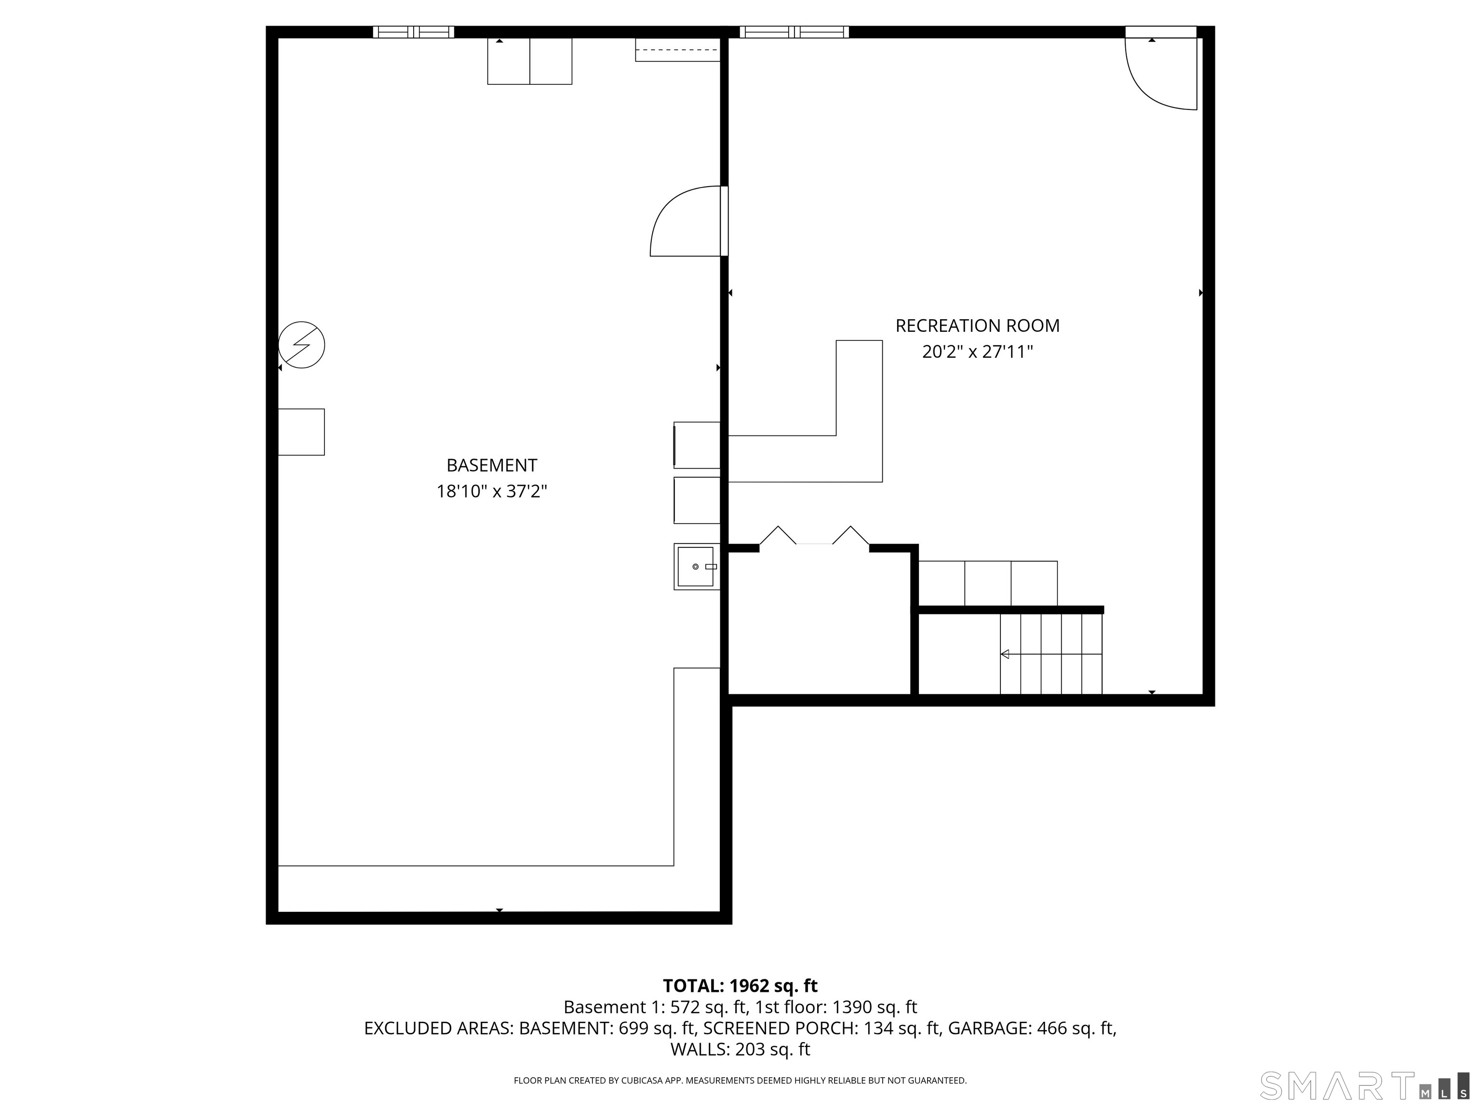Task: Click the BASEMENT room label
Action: click(491, 465)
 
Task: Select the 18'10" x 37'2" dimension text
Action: click(491, 491)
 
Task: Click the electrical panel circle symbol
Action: click(302, 345)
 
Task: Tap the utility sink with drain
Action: click(696, 567)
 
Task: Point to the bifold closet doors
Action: click(814, 536)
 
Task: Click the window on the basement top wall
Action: click(413, 31)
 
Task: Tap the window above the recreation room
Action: click(794, 31)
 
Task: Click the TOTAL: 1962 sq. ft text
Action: click(740, 986)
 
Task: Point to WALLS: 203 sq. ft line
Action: click(740, 1049)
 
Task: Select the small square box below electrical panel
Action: click(301, 432)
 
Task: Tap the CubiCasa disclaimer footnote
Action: click(740, 1080)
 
